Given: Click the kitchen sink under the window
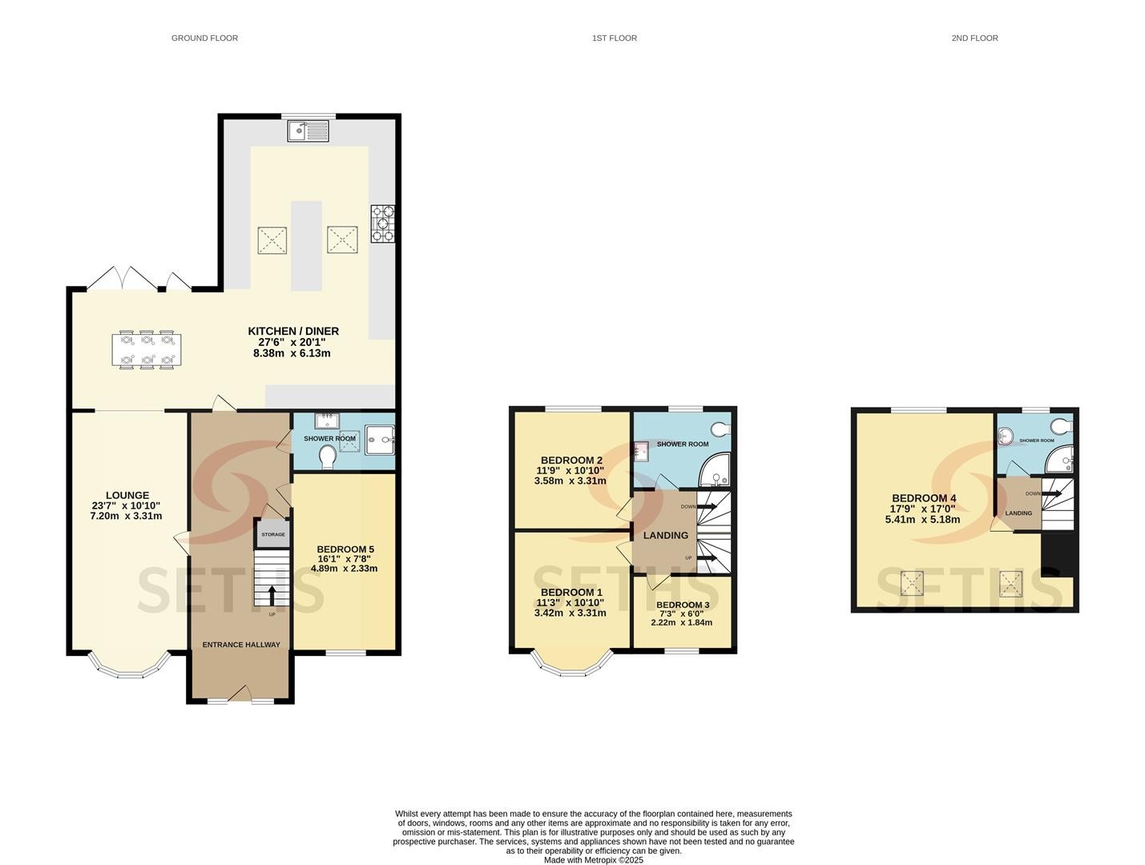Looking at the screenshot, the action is pos(308,131).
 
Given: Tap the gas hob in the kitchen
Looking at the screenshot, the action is pos(382,223).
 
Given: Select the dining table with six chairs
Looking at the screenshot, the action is pos(147,349).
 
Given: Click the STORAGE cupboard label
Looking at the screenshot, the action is pos(272,534).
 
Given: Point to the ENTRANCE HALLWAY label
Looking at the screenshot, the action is pos(241,645).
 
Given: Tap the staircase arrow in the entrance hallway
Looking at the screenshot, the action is pos(272,595).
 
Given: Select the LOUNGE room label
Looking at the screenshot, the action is pos(127,495).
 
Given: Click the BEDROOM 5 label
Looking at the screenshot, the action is pos(345,549).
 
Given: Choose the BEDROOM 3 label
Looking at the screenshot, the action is pos(683,605).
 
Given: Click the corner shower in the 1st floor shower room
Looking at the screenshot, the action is pos(715,471).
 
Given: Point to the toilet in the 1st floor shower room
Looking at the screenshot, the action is pos(721,428).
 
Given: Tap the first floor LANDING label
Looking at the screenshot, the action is pos(666,536).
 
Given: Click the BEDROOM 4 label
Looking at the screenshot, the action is pos(924,498).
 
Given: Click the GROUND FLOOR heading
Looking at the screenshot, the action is pos(204,38).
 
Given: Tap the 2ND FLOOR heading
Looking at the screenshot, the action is pos(974,38).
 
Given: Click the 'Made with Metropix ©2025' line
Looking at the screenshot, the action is pos(594,859).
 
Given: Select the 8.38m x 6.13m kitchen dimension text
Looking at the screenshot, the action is pos(292,353).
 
